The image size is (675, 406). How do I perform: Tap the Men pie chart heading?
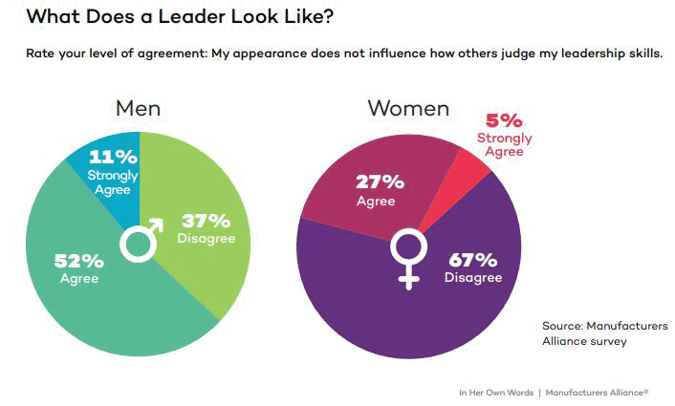139,108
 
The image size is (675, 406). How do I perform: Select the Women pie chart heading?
408,108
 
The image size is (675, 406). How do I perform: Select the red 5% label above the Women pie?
504,121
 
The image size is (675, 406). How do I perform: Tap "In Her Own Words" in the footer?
495,392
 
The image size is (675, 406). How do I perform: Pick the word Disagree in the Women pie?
472,278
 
